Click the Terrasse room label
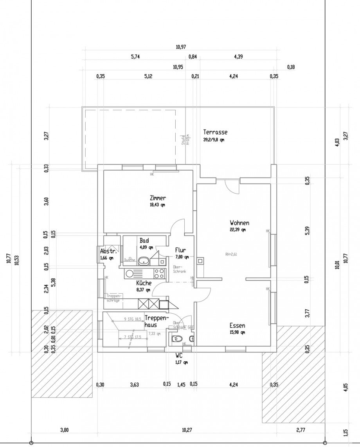[x=215, y=132]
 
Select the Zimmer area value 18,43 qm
[x=157, y=205]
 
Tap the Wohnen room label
[x=239, y=223]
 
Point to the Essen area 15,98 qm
[x=238, y=333]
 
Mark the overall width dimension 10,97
[x=181, y=47]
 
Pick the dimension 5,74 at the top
[x=135, y=57]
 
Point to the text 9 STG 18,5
[x=132, y=320]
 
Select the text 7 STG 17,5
[x=132, y=337]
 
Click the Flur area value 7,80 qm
[x=182, y=257]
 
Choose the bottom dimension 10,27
[x=187, y=430]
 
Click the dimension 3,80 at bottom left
[x=64, y=430]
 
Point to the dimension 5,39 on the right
[x=307, y=231]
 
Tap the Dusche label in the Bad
[x=130, y=260]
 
